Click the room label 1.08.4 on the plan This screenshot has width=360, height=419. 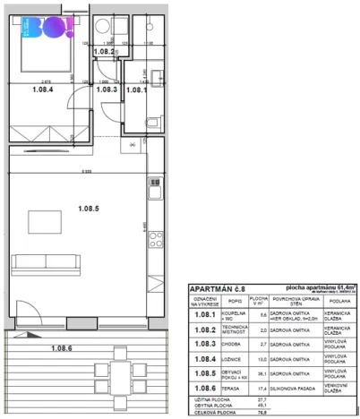tap(42, 89)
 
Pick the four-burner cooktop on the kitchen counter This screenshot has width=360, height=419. tap(154, 238)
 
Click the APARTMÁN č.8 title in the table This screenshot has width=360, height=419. tap(214, 288)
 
